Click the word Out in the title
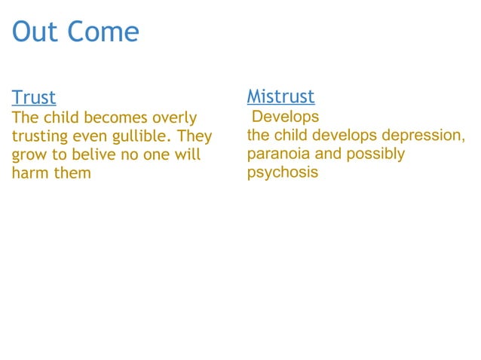click(x=35, y=32)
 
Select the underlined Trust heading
click(x=34, y=98)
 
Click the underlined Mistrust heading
click(x=280, y=96)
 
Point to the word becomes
click(x=117, y=118)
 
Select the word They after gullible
click(x=195, y=137)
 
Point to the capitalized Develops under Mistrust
click(x=285, y=117)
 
